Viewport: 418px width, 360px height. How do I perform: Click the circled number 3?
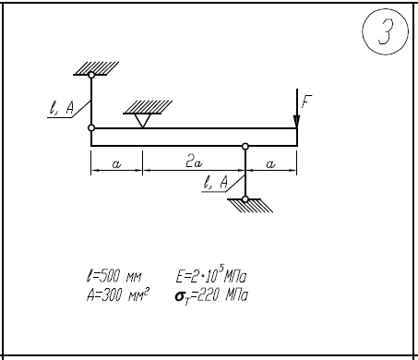386,31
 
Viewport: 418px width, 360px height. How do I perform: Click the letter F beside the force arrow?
306,102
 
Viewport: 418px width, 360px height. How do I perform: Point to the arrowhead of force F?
296,121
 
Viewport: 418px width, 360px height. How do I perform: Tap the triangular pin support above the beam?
142,120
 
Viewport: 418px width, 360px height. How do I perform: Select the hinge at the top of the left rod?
91,75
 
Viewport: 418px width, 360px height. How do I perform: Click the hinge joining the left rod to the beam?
91,127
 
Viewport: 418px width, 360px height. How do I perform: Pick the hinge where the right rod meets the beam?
245,146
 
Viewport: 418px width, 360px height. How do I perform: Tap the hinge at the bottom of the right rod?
245,199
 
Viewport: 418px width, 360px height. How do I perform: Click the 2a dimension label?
194,162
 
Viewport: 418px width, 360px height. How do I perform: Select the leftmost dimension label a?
116,164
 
